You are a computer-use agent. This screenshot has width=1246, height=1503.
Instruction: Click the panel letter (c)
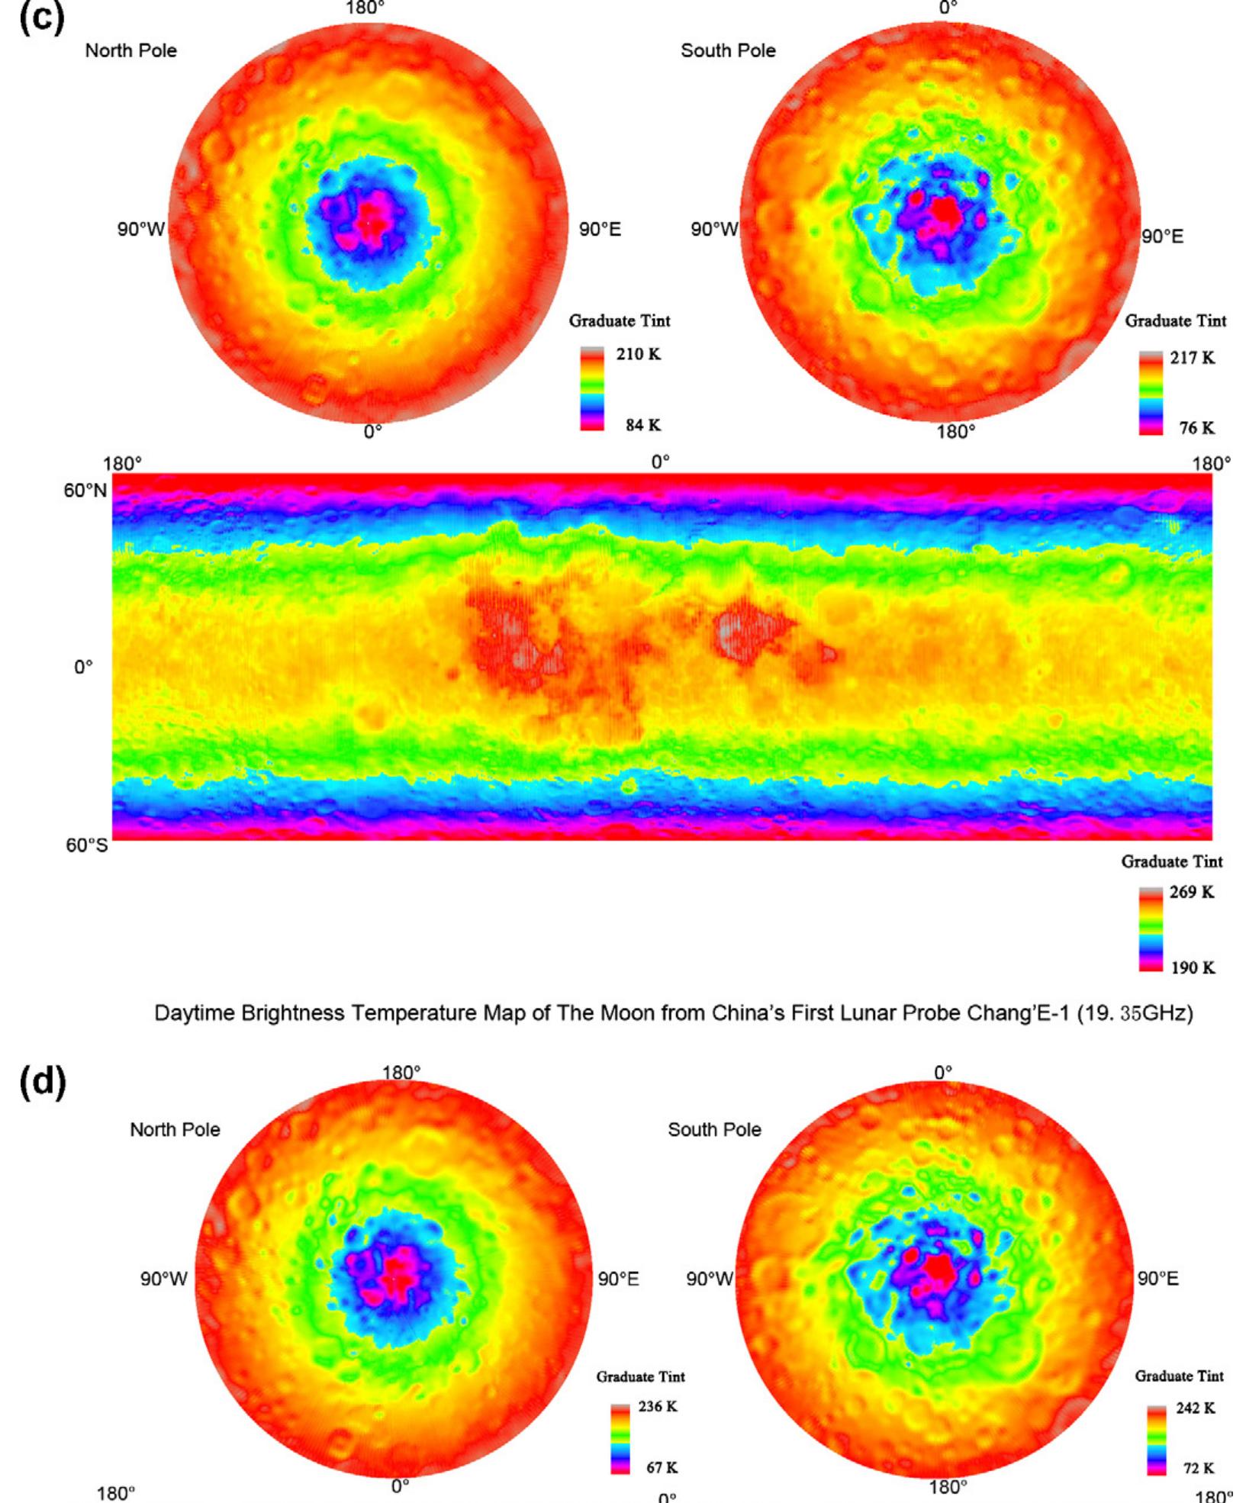pyautogui.click(x=42, y=18)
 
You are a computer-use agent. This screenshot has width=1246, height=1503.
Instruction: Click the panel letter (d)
pyautogui.click(x=43, y=1083)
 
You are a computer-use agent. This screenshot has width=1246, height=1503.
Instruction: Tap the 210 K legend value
pyautogui.click(x=639, y=354)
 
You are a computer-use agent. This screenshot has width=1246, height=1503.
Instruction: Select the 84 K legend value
pyautogui.click(x=642, y=425)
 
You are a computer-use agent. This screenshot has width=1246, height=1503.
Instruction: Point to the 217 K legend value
pyautogui.click(x=1193, y=358)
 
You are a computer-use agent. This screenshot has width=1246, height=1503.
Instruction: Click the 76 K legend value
pyautogui.click(x=1196, y=428)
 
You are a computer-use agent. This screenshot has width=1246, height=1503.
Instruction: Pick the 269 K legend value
pyautogui.click(x=1192, y=892)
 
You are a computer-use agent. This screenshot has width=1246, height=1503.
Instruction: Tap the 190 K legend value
pyautogui.click(x=1193, y=967)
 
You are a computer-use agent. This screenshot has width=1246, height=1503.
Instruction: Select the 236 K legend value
pyautogui.click(x=658, y=1406)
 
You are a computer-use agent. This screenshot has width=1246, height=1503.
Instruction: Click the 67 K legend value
pyautogui.click(x=662, y=1467)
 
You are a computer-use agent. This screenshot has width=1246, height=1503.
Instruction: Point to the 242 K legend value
pyautogui.click(x=1196, y=1408)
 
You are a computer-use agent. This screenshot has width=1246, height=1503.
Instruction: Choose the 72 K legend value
pyautogui.click(x=1199, y=1468)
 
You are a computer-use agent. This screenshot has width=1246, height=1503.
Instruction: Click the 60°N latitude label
pyautogui.click(x=85, y=491)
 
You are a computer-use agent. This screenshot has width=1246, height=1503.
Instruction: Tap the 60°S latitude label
pyautogui.click(x=86, y=845)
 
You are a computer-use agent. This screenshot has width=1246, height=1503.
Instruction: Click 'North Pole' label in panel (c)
pyautogui.click(x=130, y=51)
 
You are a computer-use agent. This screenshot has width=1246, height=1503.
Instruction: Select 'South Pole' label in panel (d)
pyautogui.click(x=714, y=1130)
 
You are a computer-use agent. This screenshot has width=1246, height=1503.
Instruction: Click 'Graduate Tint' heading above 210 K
pyautogui.click(x=620, y=321)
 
